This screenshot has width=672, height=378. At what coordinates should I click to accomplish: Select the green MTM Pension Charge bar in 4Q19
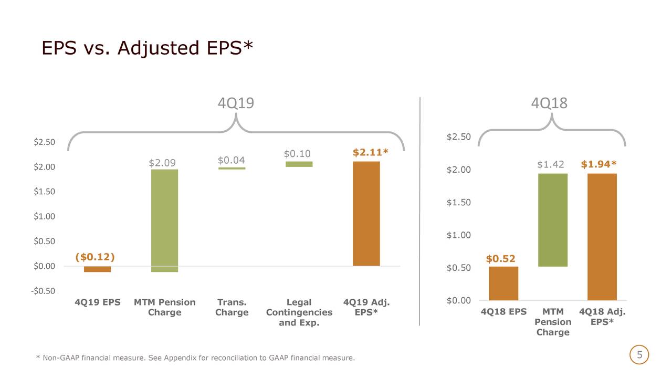pos(164,220)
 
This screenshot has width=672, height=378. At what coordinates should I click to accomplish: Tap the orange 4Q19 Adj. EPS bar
pos(366,214)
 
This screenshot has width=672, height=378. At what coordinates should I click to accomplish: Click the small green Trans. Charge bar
pos(232,169)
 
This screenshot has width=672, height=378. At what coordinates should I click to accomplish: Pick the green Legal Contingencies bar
pos(299,164)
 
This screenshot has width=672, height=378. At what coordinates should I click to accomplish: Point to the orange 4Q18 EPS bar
pos(503,283)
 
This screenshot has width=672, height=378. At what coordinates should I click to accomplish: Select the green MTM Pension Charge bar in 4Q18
pos(552,220)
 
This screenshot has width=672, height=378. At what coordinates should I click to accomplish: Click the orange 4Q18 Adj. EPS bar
pos(602,237)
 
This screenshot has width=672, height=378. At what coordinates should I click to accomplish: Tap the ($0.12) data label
pos(95,257)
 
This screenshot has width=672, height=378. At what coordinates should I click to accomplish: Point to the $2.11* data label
pos(370,153)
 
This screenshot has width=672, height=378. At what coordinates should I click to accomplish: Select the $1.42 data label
pos(550,165)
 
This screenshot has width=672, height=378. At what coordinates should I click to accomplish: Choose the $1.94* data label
pos(598,165)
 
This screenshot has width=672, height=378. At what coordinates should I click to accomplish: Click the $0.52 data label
pos(500,259)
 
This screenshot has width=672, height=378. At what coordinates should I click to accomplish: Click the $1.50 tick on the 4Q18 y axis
pos(458,203)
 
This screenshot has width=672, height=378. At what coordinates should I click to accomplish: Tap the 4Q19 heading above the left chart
pos(236,103)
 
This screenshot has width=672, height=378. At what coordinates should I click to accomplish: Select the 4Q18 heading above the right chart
pos(549,103)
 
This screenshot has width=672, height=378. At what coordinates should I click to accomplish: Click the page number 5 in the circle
pos(639,355)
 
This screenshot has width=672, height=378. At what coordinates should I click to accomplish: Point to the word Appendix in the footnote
pos(180,359)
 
